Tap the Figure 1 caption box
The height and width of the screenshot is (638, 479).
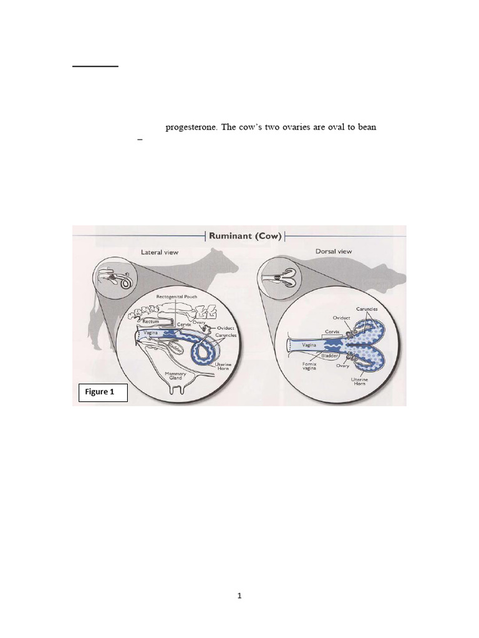click(x=103, y=393)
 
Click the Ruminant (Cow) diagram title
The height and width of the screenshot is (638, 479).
click(x=244, y=236)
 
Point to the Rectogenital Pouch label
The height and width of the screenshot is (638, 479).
click(x=177, y=297)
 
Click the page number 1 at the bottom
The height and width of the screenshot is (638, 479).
click(x=239, y=596)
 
